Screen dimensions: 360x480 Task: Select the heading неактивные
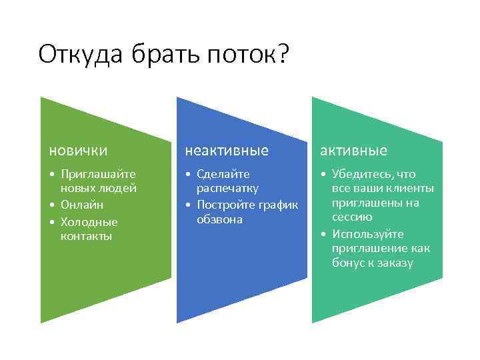(226, 151)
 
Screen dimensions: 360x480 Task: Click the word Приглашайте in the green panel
(98, 175)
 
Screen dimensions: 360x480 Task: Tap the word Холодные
(89, 221)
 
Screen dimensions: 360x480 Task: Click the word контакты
(86, 236)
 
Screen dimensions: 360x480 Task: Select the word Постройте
(226, 204)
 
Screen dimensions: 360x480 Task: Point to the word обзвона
(219, 219)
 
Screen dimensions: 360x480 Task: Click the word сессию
(353, 217)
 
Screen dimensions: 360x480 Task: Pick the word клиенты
(411, 189)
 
